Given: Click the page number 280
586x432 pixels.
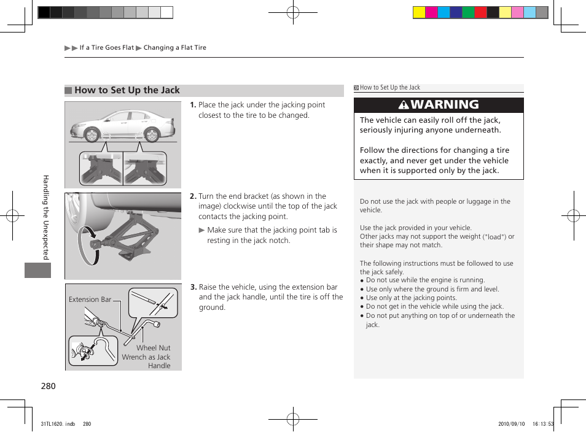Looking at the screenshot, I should [x=49, y=386].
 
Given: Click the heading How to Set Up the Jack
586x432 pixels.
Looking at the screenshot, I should [x=127, y=90].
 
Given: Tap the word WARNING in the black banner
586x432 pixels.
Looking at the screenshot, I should [x=445, y=104].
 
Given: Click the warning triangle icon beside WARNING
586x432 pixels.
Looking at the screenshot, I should [x=404, y=105].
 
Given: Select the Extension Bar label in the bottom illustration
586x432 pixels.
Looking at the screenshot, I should [x=90, y=299].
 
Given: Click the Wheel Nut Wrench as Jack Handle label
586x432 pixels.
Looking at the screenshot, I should [x=147, y=357].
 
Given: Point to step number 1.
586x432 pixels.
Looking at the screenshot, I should [x=193, y=105].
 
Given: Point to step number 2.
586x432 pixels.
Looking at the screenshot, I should [x=193, y=196].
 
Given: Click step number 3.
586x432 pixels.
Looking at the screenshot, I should [x=193, y=287].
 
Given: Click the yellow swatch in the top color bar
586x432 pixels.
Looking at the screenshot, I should [x=419, y=12].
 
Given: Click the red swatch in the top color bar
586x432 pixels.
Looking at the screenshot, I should [x=480, y=12].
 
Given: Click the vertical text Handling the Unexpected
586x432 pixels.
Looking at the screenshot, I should [x=45, y=217].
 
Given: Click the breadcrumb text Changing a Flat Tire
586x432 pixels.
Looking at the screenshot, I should [x=175, y=48].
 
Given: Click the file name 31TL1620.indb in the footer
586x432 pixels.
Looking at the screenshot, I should [x=57, y=423].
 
